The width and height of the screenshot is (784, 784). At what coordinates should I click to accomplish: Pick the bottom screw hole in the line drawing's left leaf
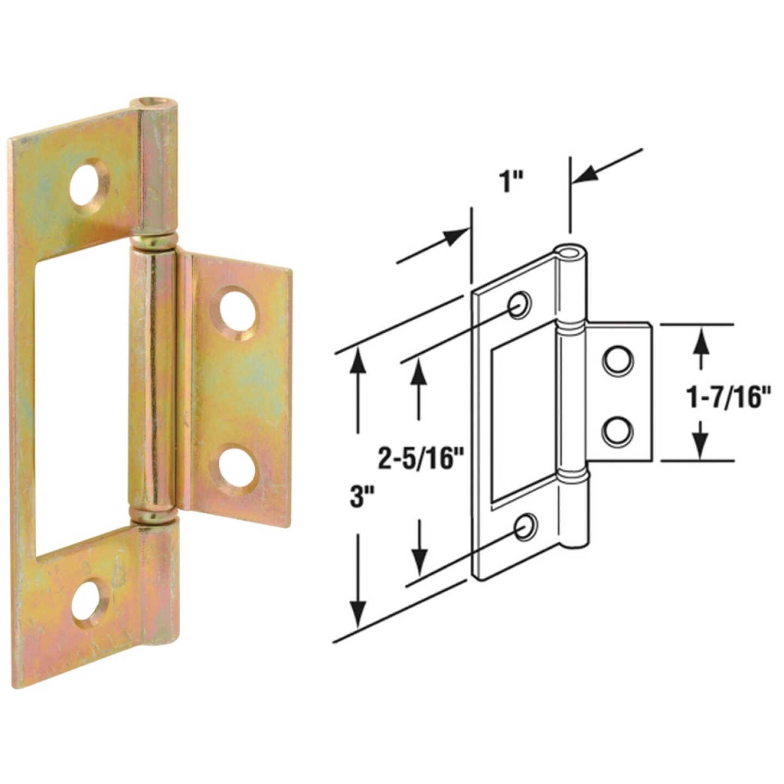click(525, 526)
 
